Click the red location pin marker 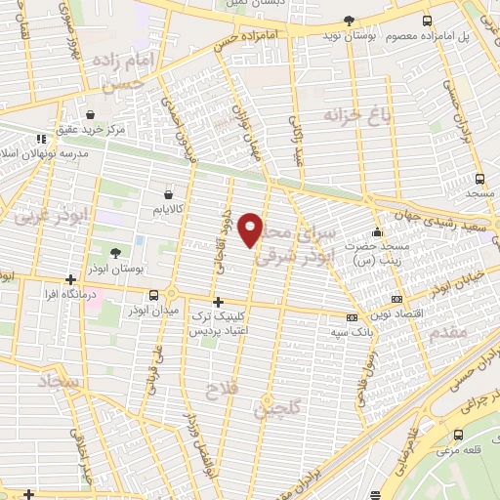(252, 229)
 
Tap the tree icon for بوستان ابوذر (115, 253)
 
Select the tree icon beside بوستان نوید (350, 21)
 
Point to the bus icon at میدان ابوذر (153, 295)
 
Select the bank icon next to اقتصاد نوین (396, 299)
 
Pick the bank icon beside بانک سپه (352, 316)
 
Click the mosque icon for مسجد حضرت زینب (378, 232)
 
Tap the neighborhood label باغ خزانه (351, 116)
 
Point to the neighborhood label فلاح (217, 393)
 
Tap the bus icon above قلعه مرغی (458, 435)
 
